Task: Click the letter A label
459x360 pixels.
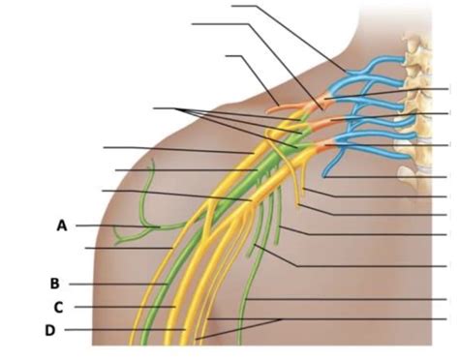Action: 61,225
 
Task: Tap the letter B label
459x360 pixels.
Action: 55,284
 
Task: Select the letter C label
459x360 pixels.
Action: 58,307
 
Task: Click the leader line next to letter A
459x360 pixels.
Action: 116,225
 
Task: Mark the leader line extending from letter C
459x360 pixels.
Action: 121,307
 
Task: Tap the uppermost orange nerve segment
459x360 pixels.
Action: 316,99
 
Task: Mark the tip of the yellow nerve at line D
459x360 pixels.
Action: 184,330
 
